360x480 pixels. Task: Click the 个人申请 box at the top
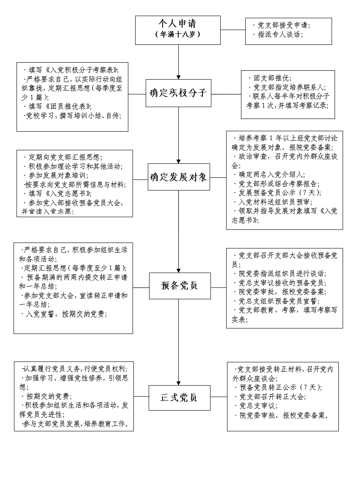pyautogui.click(x=177, y=30)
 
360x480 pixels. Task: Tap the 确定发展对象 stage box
pyautogui.click(x=178, y=177)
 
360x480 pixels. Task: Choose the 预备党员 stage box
pyautogui.click(x=180, y=286)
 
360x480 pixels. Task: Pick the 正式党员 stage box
pyautogui.click(x=179, y=397)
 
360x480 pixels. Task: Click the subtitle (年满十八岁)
pyautogui.click(x=177, y=34)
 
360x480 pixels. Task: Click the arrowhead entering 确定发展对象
pyautogui.click(x=178, y=161)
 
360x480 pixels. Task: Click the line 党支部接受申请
pyautogui.click(x=282, y=25)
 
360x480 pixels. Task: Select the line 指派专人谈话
pyautogui.click(x=280, y=35)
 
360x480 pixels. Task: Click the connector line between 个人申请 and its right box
pyautogui.click(x=233, y=30)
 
